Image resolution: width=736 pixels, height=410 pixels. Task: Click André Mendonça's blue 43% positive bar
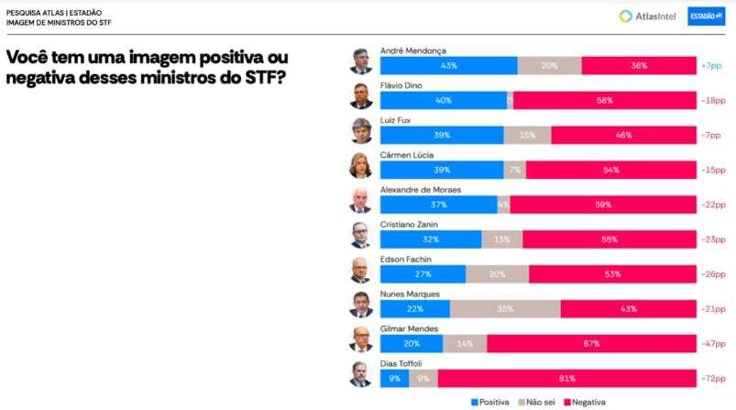tap(447, 66)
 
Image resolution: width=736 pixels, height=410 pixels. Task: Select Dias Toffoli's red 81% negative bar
tap(566, 378)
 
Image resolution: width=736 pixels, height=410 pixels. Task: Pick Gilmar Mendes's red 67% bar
tap(590, 344)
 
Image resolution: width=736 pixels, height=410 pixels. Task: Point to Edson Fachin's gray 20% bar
tap(497, 274)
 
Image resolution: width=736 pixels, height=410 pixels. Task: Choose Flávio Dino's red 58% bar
tap(604, 101)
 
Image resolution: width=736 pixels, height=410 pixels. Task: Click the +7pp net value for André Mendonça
tap(711, 66)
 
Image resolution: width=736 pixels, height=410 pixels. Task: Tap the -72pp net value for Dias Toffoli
tap(711, 378)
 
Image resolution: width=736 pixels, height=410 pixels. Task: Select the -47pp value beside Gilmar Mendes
tap(711, 344)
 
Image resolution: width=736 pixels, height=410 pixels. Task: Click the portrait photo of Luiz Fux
tap(360, 130)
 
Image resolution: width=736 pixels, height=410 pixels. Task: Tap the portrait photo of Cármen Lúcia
tap(360, 165)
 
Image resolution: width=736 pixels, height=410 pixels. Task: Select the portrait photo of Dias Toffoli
tap(360, 373)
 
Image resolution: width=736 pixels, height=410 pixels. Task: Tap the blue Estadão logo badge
tap(707, 16)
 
